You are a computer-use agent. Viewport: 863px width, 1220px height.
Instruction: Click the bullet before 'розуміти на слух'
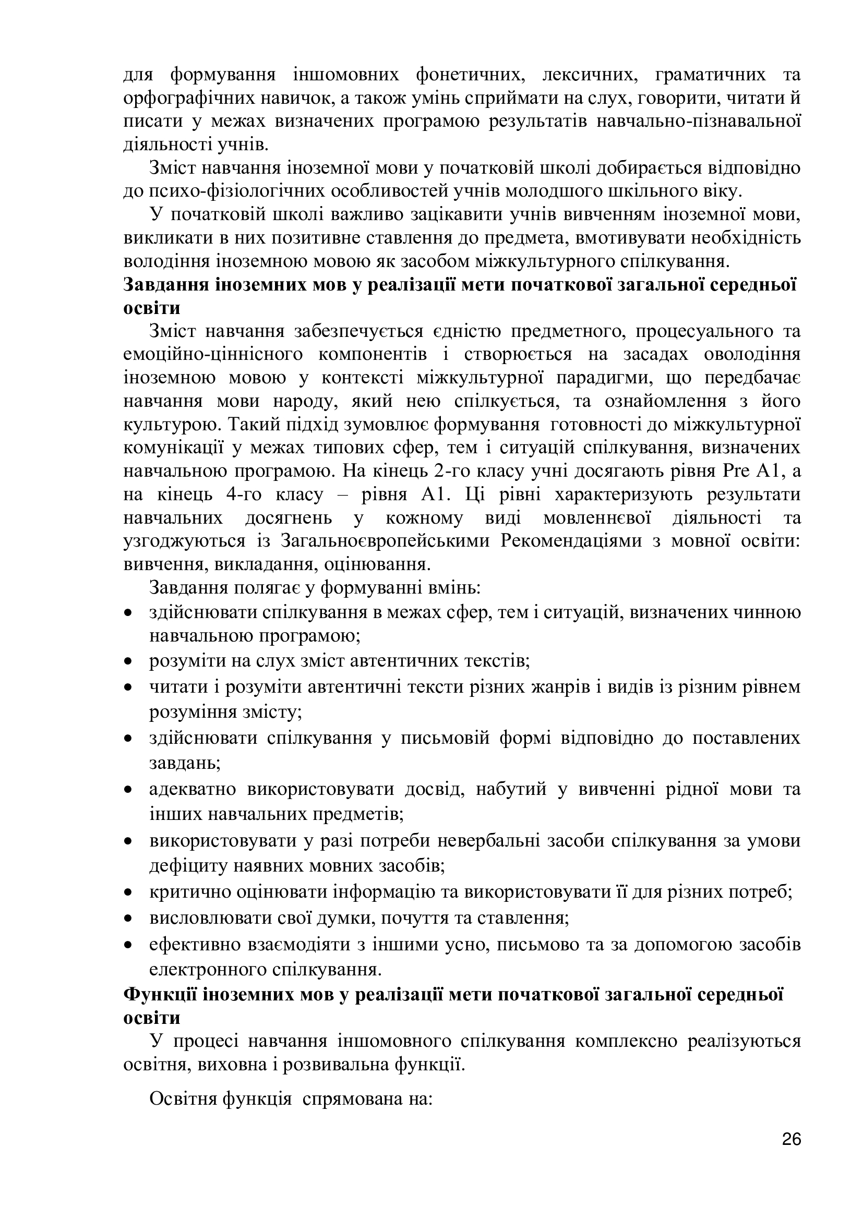(127, 662)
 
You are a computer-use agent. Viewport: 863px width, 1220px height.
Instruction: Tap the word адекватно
(193, 789)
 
